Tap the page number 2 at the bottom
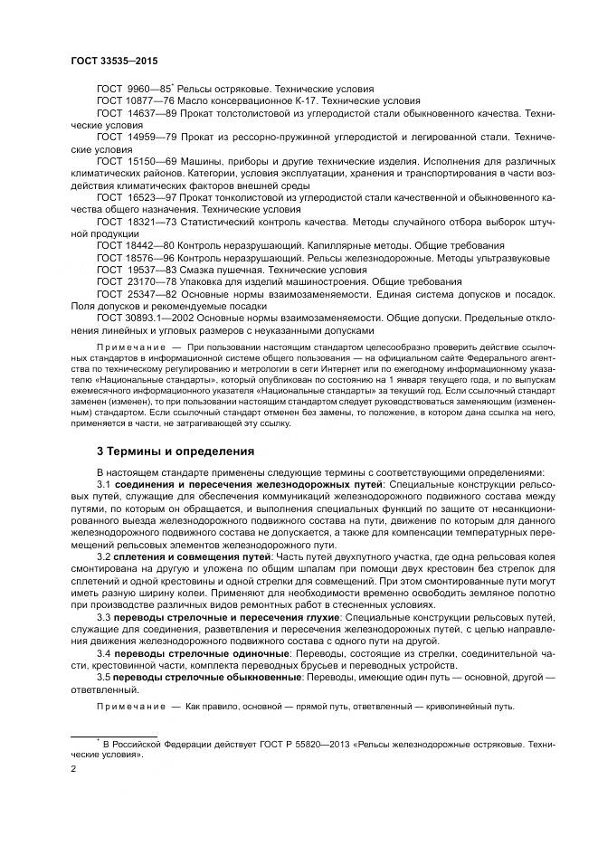[x=73, y=770]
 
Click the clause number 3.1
[x=103, y=486]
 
